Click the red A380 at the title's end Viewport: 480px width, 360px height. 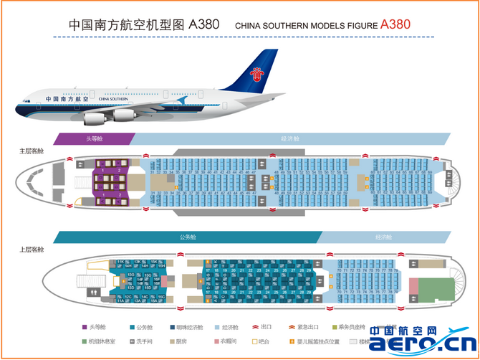395,23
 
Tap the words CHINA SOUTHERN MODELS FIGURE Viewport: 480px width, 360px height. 305,25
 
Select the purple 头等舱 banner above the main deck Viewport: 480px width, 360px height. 94,138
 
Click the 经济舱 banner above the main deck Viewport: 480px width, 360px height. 290,138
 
